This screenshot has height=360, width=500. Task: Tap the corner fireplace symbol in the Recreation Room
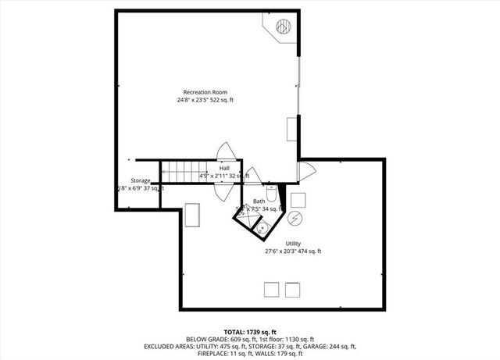click(281, 28)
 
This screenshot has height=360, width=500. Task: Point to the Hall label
click(224, 168)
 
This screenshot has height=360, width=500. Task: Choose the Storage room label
click(141, 180)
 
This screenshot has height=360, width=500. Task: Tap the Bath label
click(259, 201)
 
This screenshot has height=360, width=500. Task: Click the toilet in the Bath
click(271, 192)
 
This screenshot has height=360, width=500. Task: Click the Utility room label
click(293, 244)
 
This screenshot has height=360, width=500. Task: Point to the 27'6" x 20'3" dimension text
click(293, 251)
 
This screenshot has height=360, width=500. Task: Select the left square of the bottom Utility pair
click(272, 289)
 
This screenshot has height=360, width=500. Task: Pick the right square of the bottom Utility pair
click(293, 289)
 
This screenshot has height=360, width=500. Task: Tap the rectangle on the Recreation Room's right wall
click(292, 128)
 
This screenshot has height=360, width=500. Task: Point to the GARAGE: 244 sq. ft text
click(328, 346)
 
